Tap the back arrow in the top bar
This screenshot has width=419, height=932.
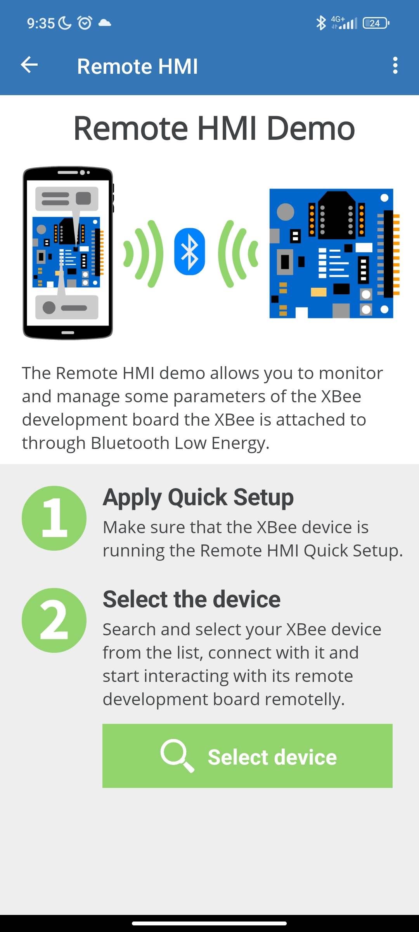click(29, 65)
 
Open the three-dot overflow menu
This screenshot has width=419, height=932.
click(395, 65)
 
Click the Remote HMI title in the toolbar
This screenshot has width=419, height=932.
click(137, 66)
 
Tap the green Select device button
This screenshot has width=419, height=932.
click(248, 756)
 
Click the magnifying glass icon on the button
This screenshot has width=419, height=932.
click(177, 756)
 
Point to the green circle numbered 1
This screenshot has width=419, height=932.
click(54, 518)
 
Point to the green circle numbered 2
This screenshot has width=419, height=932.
click(54, 620)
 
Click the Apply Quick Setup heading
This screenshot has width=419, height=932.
click(198, 497)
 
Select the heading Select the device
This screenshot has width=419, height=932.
click(192, 599)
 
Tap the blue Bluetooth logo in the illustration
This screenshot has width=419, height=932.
click(190, 252)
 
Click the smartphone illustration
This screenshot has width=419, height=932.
click(68, 253)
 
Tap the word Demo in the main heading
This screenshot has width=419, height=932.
click(311, 128)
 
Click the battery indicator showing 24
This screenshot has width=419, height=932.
click(376, 23)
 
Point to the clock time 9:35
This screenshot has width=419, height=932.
click(41, 23)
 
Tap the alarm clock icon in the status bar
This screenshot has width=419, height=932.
click(85, 23)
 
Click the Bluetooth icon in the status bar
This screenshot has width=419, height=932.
click(321, 23)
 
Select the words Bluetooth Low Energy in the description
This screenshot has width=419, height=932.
click(180, 443)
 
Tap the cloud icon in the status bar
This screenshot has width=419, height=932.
click(105, 23)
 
